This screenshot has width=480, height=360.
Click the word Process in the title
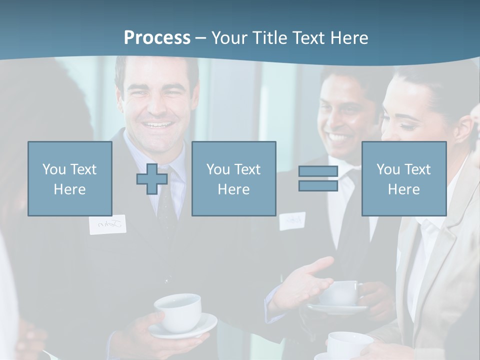157,37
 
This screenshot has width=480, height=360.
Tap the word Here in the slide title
348,37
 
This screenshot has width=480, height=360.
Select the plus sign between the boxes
152,179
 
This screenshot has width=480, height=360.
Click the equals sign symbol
318,178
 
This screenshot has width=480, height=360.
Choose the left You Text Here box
70,178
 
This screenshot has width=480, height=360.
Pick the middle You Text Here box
233,178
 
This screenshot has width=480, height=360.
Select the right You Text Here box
403,178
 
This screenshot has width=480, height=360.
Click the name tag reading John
107,225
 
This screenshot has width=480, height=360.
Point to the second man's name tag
292,220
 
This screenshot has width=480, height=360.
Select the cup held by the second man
340,292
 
